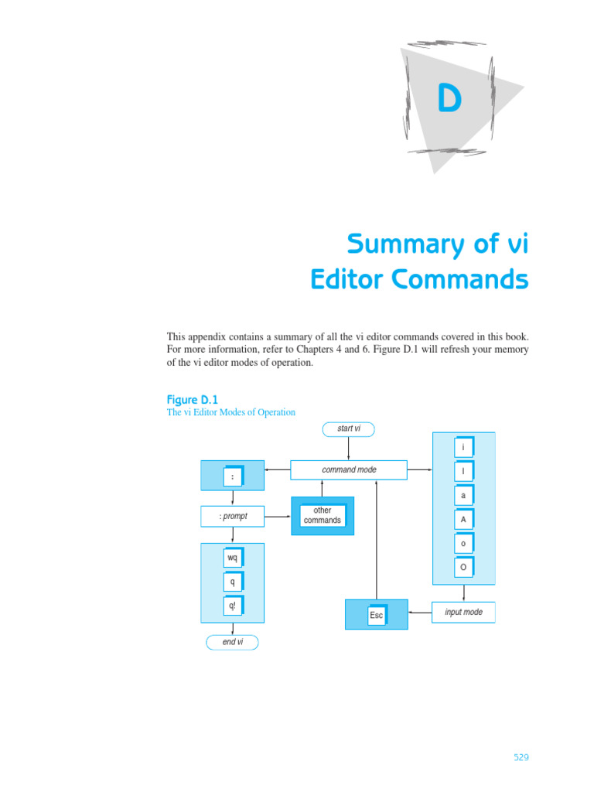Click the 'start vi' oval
349,428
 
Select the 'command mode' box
349,469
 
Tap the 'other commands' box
323,515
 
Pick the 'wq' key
232,558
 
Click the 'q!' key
232,606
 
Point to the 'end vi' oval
232,642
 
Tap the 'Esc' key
377,615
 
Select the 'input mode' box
463,613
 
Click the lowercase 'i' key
463,447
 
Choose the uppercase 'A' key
463,520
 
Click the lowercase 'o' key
463,544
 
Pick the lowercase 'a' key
463,496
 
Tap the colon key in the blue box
232,476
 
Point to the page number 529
521,758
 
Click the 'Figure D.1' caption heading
193,399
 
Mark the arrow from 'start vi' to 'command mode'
349,448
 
